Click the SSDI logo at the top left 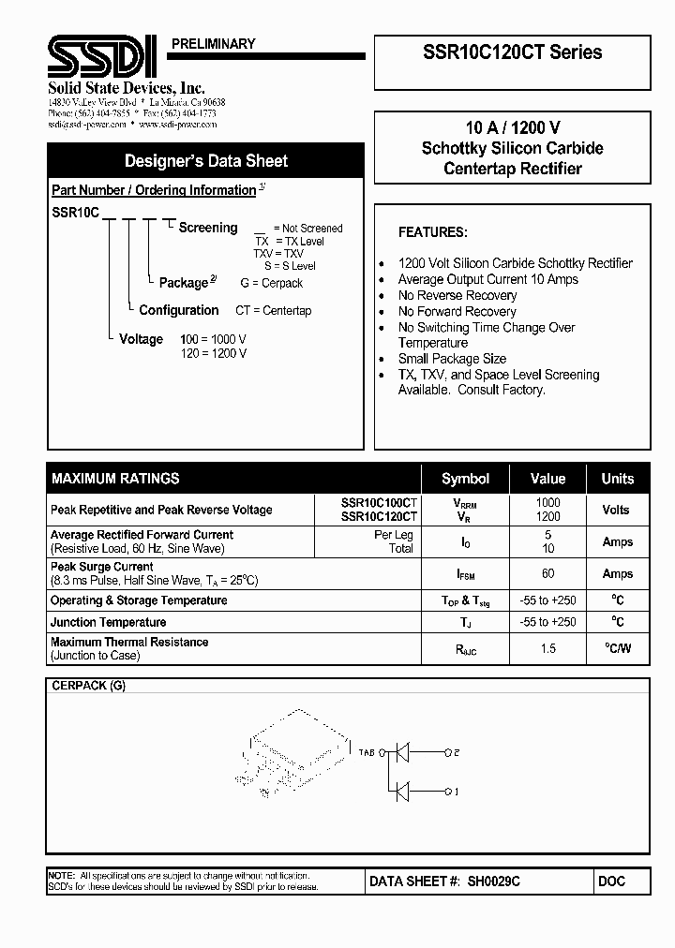(x=102, y=59)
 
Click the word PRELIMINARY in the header (x=214, y=44)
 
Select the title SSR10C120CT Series (x=512, y=52)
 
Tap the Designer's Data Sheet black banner (x=206, y=161)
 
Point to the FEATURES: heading (x=432, y=232)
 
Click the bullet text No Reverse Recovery (x=457, y=295)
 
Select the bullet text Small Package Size (x=452, y=359)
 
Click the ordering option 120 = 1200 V (x=214, y=353)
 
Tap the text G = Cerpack (x=271, y=283)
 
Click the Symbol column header (x=465, y=479)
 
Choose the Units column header (x=617, y=479)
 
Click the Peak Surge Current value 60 (x=547, y=573)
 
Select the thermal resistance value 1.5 (x=547, y=648)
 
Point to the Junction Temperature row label (x=109, y=622)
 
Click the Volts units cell (x=617, y=510)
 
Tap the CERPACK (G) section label (x=88, y=686)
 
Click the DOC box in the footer (x=610, y=881)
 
